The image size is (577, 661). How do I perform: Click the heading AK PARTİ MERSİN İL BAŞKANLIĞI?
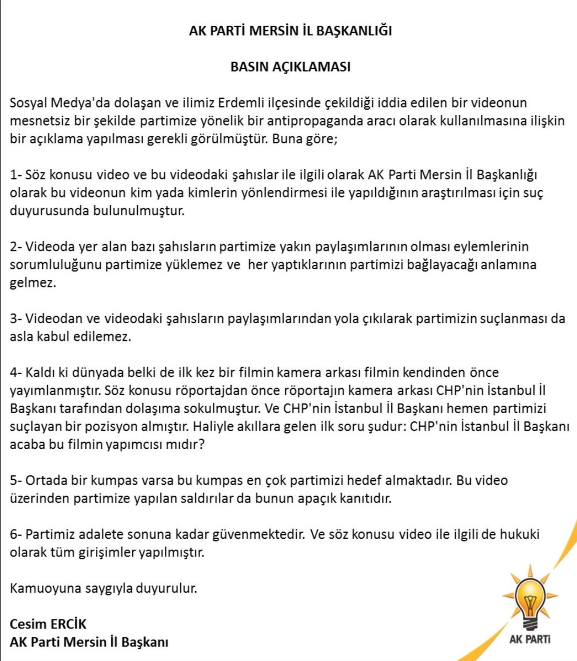[290, 31]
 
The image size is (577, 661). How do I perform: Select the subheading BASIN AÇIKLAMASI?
[290, 67]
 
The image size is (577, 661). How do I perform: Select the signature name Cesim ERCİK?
[48, 624]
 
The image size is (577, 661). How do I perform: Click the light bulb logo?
[530, 600]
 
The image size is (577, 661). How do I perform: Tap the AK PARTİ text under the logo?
[530, 640]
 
